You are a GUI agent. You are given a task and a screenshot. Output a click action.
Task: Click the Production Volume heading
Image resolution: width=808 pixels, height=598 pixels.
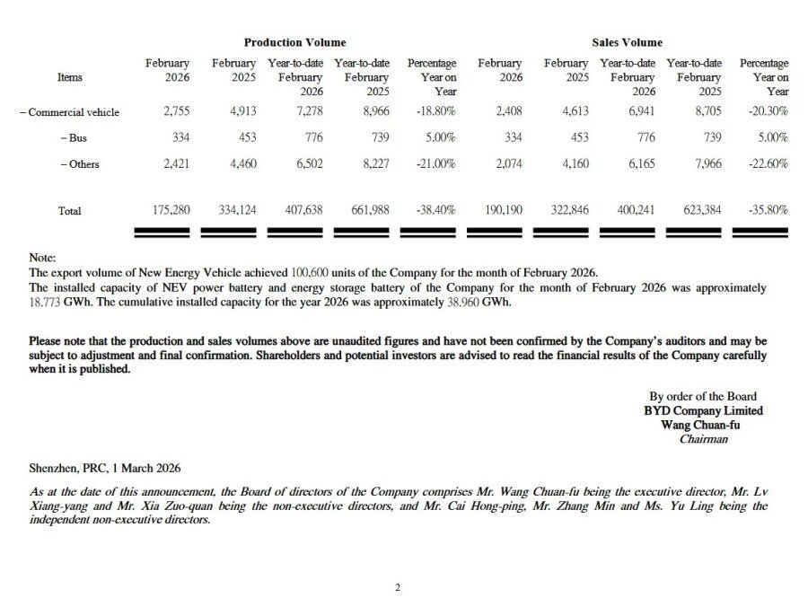[294, 42]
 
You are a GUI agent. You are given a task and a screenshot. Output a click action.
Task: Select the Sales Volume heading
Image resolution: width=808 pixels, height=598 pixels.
[627, 42]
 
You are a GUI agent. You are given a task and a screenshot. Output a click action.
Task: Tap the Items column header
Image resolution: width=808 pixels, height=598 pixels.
[69, 77]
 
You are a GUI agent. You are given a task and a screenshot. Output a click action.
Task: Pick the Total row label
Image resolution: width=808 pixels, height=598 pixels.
[69, 211]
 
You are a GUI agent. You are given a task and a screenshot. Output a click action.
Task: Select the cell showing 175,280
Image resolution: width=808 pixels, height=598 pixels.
[169, 210]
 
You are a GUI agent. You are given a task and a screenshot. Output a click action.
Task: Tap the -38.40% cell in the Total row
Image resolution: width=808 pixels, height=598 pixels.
[436, 210]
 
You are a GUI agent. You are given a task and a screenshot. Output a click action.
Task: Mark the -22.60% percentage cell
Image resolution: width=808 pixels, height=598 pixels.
[768, 164]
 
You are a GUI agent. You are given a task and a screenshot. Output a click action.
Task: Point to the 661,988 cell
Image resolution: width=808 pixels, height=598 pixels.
[368, 210]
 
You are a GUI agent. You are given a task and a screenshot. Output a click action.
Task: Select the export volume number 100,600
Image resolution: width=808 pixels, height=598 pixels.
[311, 272]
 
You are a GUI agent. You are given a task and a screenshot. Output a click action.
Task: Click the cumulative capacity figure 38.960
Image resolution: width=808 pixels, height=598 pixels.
[467, 303]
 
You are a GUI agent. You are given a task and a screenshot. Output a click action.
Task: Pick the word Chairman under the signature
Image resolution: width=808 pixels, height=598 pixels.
[703, 439]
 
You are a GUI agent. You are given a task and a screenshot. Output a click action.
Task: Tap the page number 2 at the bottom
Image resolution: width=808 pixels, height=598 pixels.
[398, 588]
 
